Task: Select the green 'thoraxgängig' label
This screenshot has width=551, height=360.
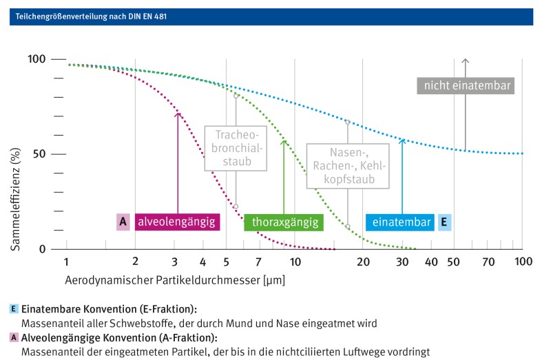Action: pyautogui.click(x=284, y=222)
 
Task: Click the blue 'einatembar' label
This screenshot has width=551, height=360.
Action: pyautogui.click(x=399, y=222)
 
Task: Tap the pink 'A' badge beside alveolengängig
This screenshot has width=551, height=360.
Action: pyautogui.click(x=123, y=222)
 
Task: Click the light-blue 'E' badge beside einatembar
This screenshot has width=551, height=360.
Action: pyautogui.click(x=444, y=222)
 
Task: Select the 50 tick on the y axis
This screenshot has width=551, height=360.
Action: pyautogui.click(x=39, y=154)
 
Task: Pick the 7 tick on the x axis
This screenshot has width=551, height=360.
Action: pyautogui.click(x=258, y=262)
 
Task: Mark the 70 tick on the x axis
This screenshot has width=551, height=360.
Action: pyautogui.click(x=488, y=262)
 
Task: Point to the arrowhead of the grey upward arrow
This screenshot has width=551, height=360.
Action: pyautogui.click(x=466, y=62)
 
